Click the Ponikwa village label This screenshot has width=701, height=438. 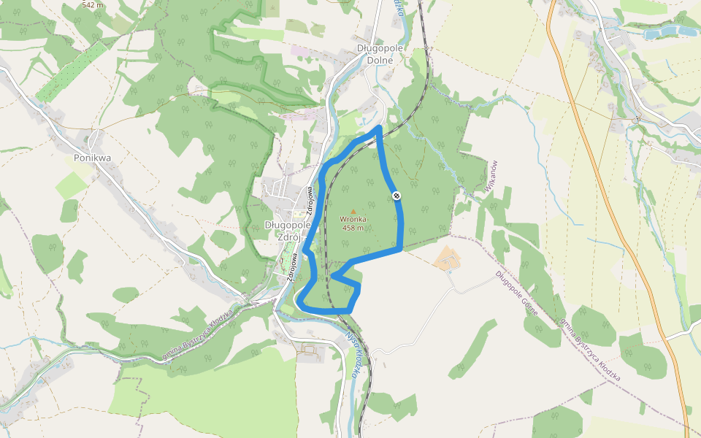coord(91,157)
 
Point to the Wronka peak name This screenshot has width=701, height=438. coord(353,219)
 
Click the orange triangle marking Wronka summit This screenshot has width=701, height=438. coord(353,211)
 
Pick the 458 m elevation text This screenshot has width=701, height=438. coord(353,227)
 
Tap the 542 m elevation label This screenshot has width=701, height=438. coord(93,4)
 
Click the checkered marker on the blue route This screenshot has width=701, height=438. coord(396,195)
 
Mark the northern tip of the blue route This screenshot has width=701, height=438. coord(378,128)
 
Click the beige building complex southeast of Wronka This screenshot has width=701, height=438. coord(447,258)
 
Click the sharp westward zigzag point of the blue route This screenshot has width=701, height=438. coord(333,276)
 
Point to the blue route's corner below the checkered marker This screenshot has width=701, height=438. coord(400,249)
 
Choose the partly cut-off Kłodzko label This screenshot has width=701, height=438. coord(398,7)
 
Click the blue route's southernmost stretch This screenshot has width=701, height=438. coord(325,311)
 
